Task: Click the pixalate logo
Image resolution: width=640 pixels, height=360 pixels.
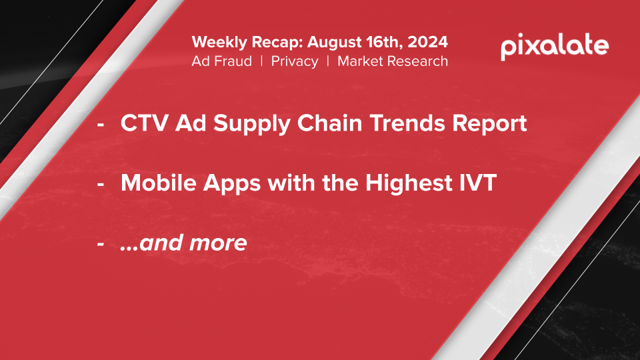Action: [x=555, y=47]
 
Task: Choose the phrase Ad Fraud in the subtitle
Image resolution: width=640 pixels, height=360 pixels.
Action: [x=221, y=61]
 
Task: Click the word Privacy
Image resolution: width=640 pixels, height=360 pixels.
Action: [x=295, y=61]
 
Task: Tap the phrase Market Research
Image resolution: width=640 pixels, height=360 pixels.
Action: [x=393, y=61]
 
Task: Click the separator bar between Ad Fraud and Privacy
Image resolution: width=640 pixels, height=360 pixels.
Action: [x=261, y=61]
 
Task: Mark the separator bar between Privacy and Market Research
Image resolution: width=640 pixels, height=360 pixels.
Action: [x=328, y=61]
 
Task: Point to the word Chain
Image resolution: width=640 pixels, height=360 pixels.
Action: [x=329, y=123]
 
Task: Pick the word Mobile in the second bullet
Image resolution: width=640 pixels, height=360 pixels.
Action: [x=159, y=183]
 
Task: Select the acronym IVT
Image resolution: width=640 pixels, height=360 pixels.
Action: [x=475, y=183]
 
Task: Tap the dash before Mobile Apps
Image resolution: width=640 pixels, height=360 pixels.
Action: [x=101, y=184]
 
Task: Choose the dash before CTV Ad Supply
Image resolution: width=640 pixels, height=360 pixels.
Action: [x=101, y=125]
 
